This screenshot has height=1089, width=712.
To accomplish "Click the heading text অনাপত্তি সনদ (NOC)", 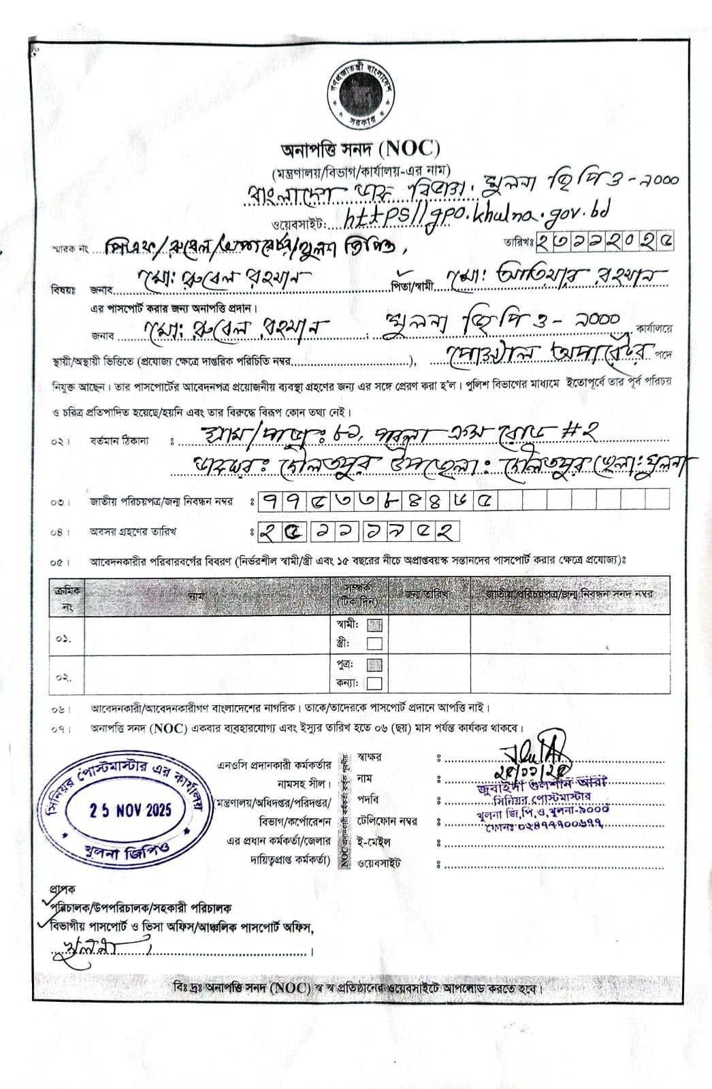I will pos(361,148).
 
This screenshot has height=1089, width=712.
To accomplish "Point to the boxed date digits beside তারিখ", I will pos(605,241).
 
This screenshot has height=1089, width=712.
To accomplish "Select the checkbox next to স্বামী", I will pos(374,625).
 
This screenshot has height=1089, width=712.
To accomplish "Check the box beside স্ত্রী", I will pos(374,643).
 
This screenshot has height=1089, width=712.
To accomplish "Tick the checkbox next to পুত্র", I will pos(374,664).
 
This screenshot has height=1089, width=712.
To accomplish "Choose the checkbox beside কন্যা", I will pos(374,683).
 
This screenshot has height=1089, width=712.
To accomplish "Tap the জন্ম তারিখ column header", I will pos(426,594).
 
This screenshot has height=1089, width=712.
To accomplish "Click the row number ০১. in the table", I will pos(63,639).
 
